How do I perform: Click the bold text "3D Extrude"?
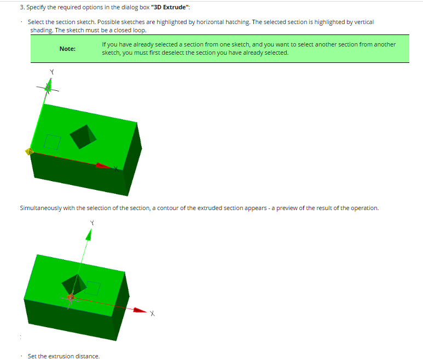coord(170,7)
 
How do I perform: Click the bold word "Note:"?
coord(67,49)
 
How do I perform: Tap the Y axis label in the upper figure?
coord(52,72)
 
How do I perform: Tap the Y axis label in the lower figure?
coord(92,223)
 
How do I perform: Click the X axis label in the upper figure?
coord(116,169)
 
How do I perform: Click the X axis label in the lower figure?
coord(153,313)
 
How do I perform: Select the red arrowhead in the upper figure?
coord(103,166)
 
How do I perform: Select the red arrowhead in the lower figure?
coord(140,310)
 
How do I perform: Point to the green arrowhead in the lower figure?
coord(89,235)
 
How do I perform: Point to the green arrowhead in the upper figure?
coord(49,85)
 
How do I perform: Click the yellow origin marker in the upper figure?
coord(29,152)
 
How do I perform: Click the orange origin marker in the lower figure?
coord(71,297)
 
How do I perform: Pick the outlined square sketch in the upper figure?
coord(53,142)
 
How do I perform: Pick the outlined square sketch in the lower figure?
coord(92,288)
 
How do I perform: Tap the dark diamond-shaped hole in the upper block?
coord(83,137)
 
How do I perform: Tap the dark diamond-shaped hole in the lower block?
coord(74,284)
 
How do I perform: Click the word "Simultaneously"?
coord(40,208)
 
